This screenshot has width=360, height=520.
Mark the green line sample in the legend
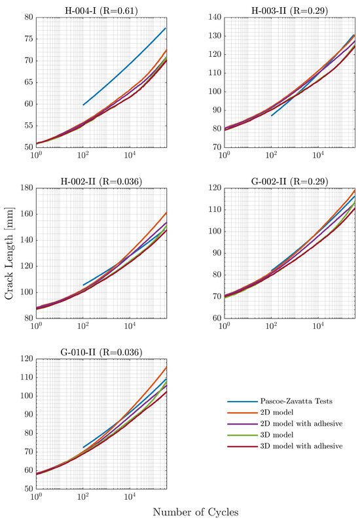239,434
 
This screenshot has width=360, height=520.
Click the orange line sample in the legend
239,413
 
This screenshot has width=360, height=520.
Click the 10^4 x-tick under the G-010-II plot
130,498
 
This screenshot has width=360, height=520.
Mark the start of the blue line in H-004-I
83,105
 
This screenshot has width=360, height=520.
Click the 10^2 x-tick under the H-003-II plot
272,156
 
